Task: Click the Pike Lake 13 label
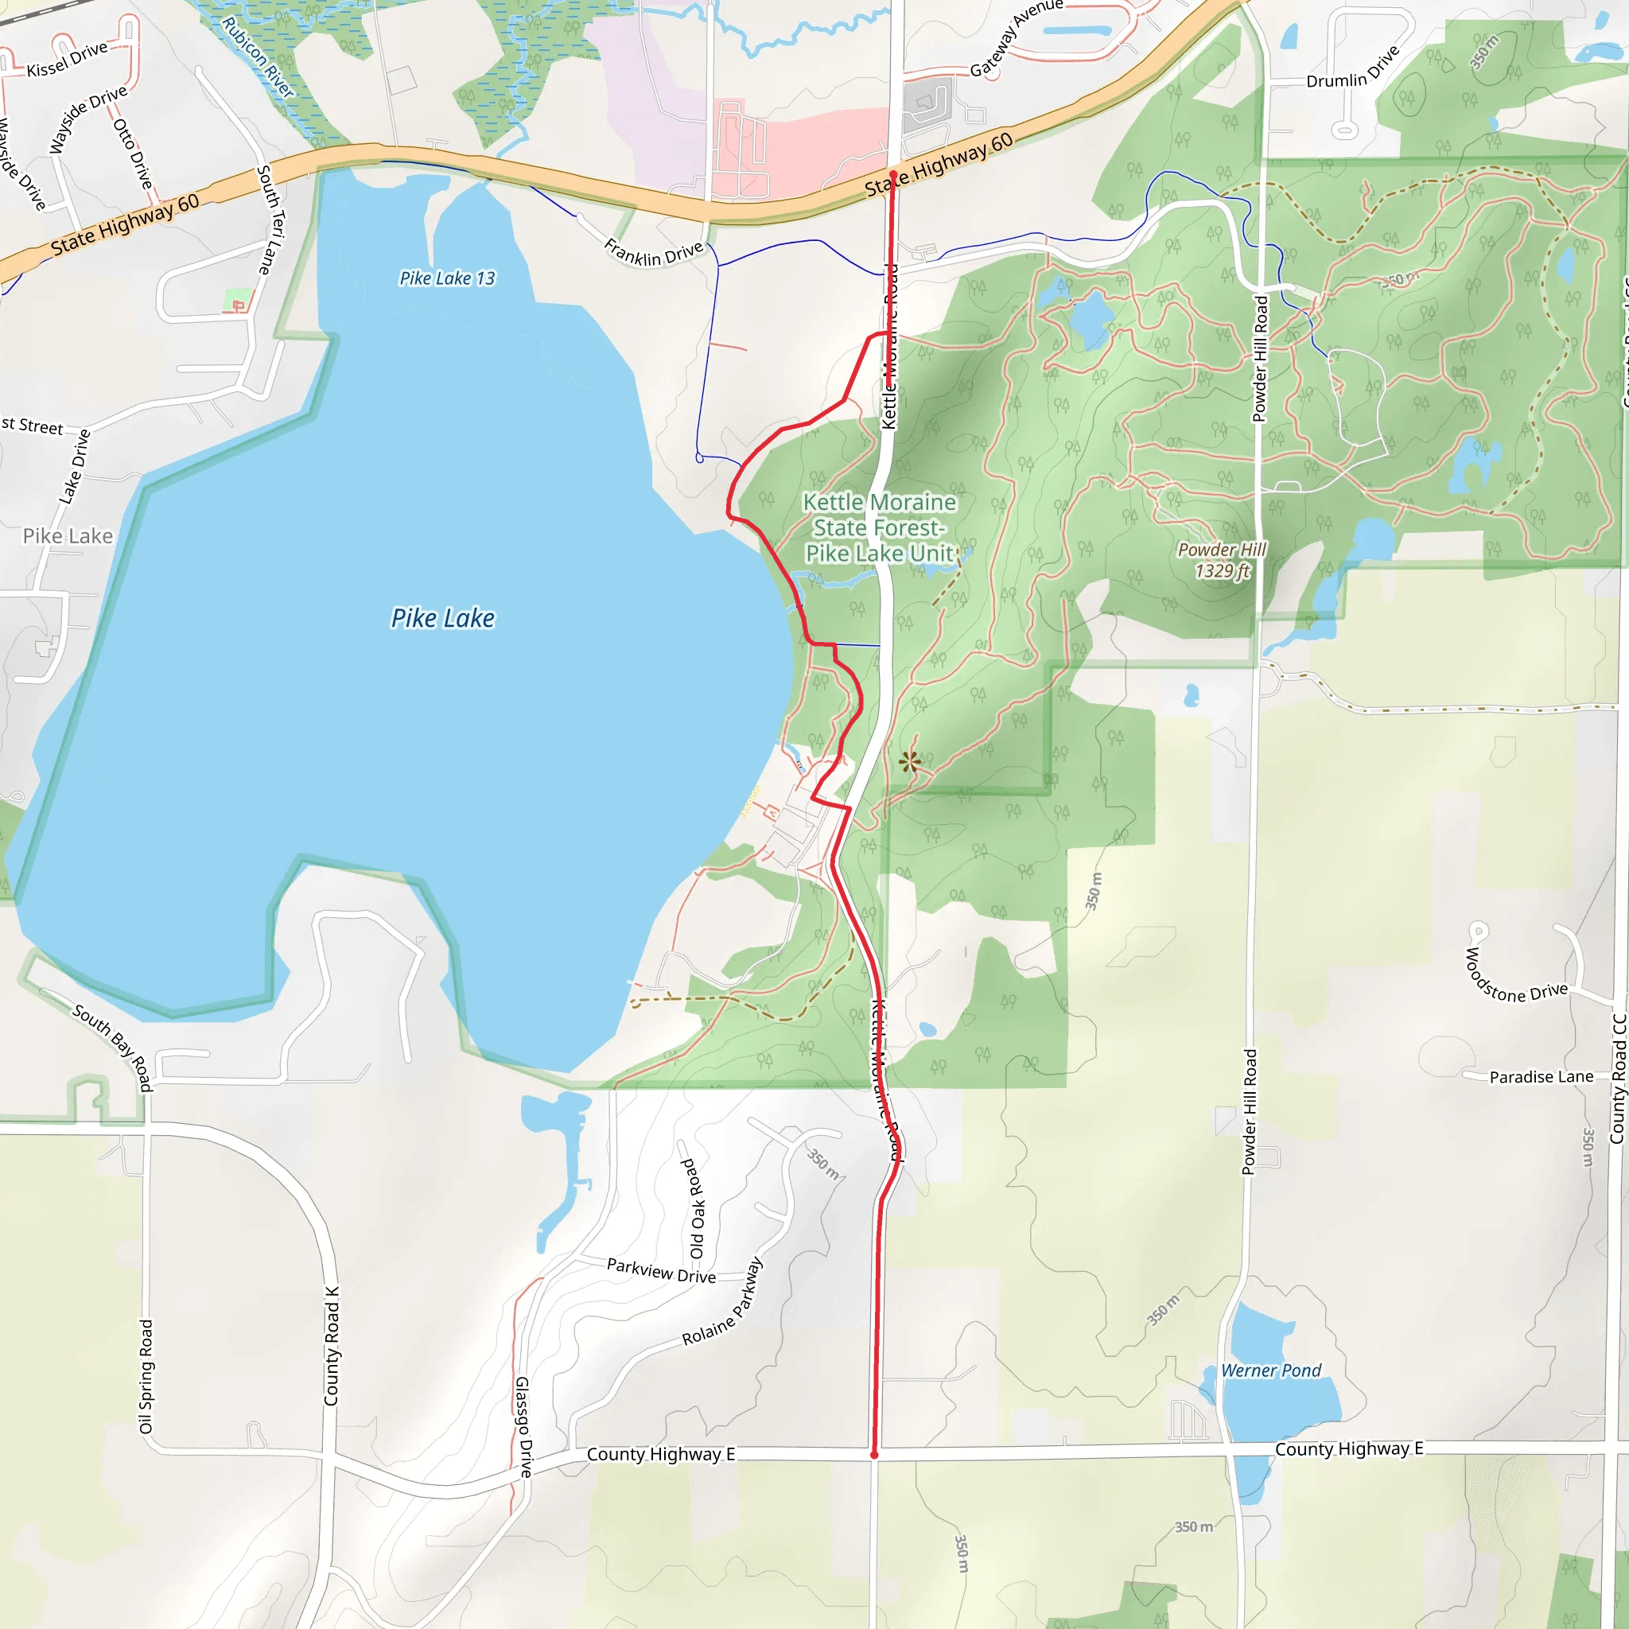pos(447,278)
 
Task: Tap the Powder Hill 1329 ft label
pos(1222,561)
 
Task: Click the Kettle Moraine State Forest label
pos(880,528)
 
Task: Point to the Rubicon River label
pos(257,56)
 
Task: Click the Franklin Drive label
pos(654,252)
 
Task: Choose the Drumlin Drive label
pos(1352,68)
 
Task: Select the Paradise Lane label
pos(1542,1077)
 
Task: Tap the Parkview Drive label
pos(661,1270)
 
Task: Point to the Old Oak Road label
pos(694,1208)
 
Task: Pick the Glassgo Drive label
pos(523,1427)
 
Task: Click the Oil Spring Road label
pos(146,1376)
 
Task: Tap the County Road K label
pos(332,1347)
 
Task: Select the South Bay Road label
pos(113,1048)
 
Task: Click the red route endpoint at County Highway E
pos(874,1456)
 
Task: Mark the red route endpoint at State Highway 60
pos(893,174)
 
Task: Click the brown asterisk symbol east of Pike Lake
pos(909,763)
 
